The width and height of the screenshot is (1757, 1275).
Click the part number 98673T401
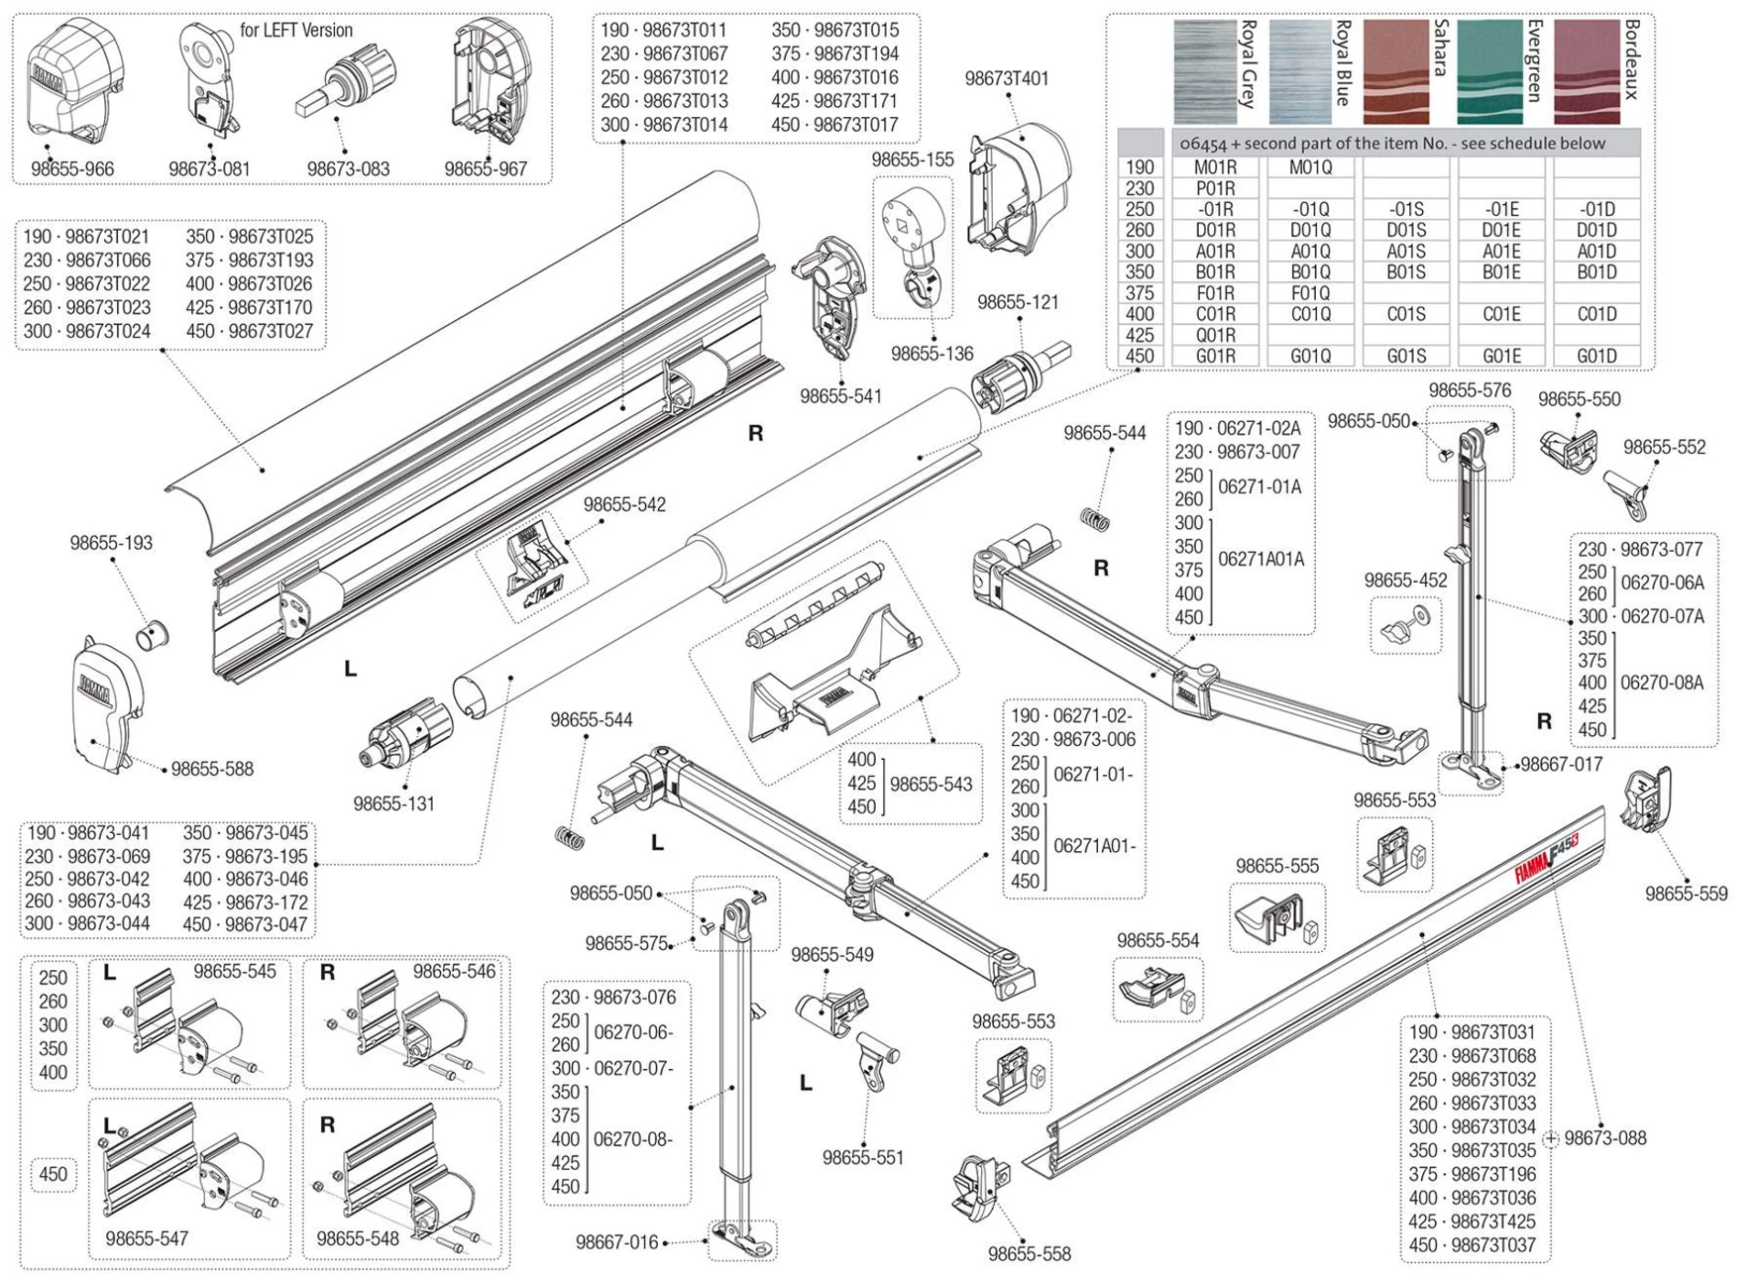pyautogui.click(x=1007, y=79)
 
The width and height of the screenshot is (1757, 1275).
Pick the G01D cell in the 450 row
pyautogui.click(x=1596, y=356)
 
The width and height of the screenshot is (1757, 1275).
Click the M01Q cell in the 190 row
pyautogui.click(x=1310, y=167)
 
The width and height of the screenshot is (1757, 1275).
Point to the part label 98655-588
pyautogui.click(x=212, y=770)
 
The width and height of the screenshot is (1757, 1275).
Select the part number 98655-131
pyautogui.click(x=393, y=804)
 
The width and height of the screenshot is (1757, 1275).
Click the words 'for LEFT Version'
pyautogui.click(x=296, y=30)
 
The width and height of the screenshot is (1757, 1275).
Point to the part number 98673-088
pyautogui.click(x=1605, y=1139)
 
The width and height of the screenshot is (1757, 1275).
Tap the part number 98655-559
pyautogui.click(x=1687, y=893)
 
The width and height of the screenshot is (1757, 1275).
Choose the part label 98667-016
pyautogui.click(x=617, y=1242)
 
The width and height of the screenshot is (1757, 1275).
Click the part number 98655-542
pyautogui.click(x=624, y=504)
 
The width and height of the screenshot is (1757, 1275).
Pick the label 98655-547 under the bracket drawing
pyautogui.click(x=146, y=1238)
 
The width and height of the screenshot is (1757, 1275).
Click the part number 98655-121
pyautogui.click(x=1018, y=302)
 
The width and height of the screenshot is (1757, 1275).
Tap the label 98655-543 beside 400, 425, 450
pyautogui.click(x=931, y=784)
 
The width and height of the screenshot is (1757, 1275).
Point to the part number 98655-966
pyautogui.click(x=72, y=169)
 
